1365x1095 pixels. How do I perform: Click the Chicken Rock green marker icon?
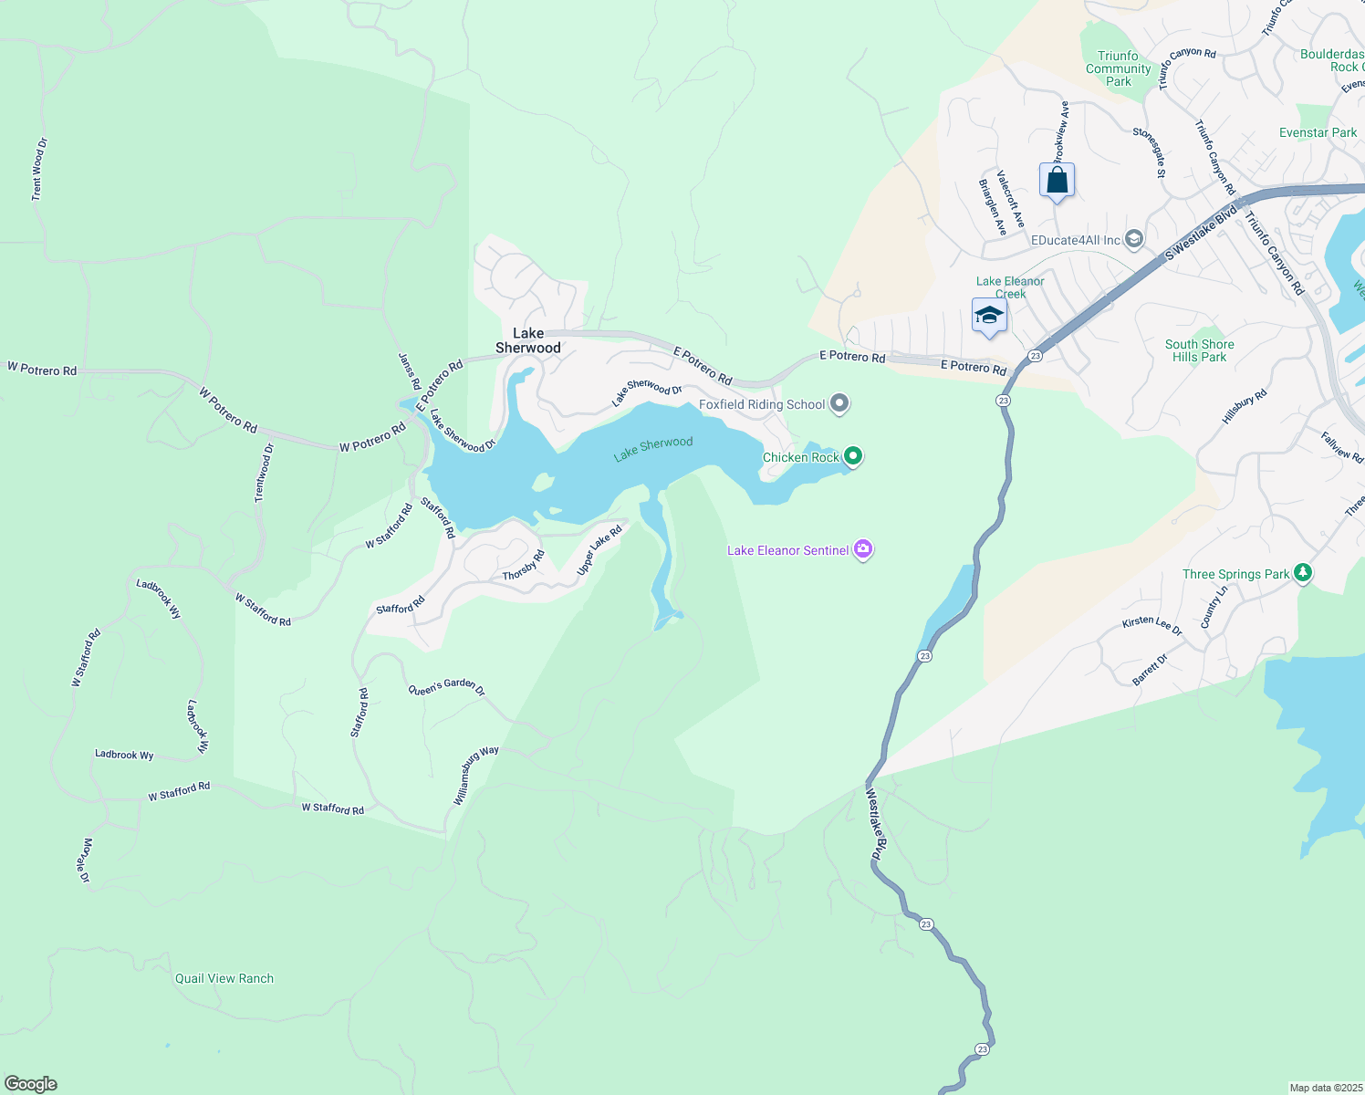853,455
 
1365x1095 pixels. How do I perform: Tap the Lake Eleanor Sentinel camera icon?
863,549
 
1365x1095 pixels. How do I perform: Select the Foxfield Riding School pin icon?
839,403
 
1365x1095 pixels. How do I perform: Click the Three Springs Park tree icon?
1303,573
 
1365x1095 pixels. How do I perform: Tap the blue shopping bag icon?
1057,181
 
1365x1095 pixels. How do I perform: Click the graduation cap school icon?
989,317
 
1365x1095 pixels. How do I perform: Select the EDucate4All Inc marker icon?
1133,240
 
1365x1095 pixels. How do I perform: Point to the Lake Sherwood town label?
527,340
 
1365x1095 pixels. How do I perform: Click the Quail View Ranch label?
224,978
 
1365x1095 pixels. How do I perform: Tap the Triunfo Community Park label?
1119,68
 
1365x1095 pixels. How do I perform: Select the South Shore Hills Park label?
1199,350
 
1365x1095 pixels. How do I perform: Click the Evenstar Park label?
1318,132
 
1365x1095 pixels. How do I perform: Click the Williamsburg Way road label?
475,775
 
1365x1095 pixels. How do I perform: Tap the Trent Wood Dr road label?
38,170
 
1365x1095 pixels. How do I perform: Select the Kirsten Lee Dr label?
1151,625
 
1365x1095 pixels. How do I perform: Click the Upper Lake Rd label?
599,550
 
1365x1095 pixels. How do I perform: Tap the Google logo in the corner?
31,1084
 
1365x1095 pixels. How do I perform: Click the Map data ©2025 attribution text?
1325,1088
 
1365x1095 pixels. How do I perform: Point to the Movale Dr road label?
85,860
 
